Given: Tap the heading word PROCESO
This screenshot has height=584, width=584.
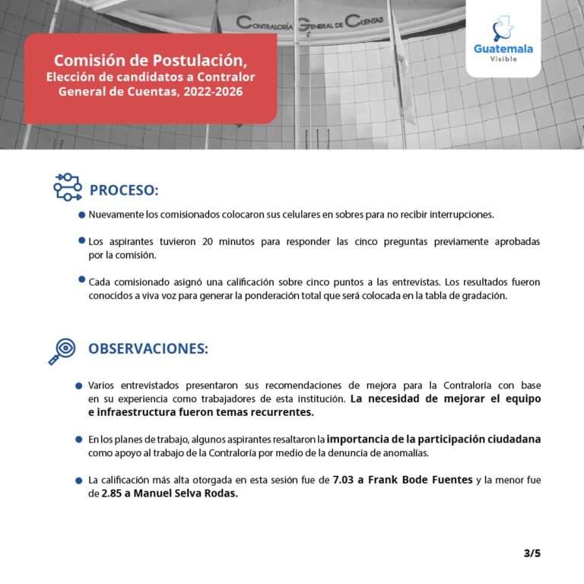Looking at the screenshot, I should click(123, 189).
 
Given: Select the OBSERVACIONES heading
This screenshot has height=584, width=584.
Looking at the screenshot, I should click(148, 348).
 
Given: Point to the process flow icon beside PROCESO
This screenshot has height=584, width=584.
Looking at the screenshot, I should click(67, 186).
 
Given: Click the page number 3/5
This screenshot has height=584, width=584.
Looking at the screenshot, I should click(532, 553).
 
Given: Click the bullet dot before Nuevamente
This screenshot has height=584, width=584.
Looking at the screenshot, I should click(81, 215).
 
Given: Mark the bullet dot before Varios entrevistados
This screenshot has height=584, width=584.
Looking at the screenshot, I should click(79, 386).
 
